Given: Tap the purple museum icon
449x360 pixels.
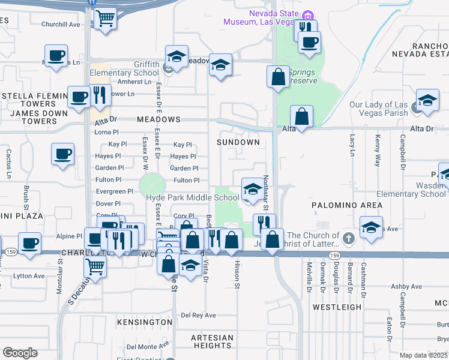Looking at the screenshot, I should click(x=308, y=14).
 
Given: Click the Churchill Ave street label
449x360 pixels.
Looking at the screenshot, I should click(x=60, y=25).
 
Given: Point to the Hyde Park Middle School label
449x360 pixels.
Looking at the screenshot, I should click(x=193, y=197).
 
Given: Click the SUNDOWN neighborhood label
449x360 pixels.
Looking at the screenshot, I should click(x=238, y=142).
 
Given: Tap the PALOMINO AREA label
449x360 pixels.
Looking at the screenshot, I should click(x=346, y=205).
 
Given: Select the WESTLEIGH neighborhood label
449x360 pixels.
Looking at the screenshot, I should click(x=337, y=307).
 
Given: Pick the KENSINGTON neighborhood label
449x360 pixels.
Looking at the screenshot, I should click(x=145, y=323).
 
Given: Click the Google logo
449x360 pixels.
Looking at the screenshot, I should click(x=20, y=352).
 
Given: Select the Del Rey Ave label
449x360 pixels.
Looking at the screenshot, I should click(x=198, y=315).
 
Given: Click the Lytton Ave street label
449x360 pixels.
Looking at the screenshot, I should click(x=29, y=276).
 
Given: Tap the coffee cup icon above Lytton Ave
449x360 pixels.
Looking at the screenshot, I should click(x=29, y=243).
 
